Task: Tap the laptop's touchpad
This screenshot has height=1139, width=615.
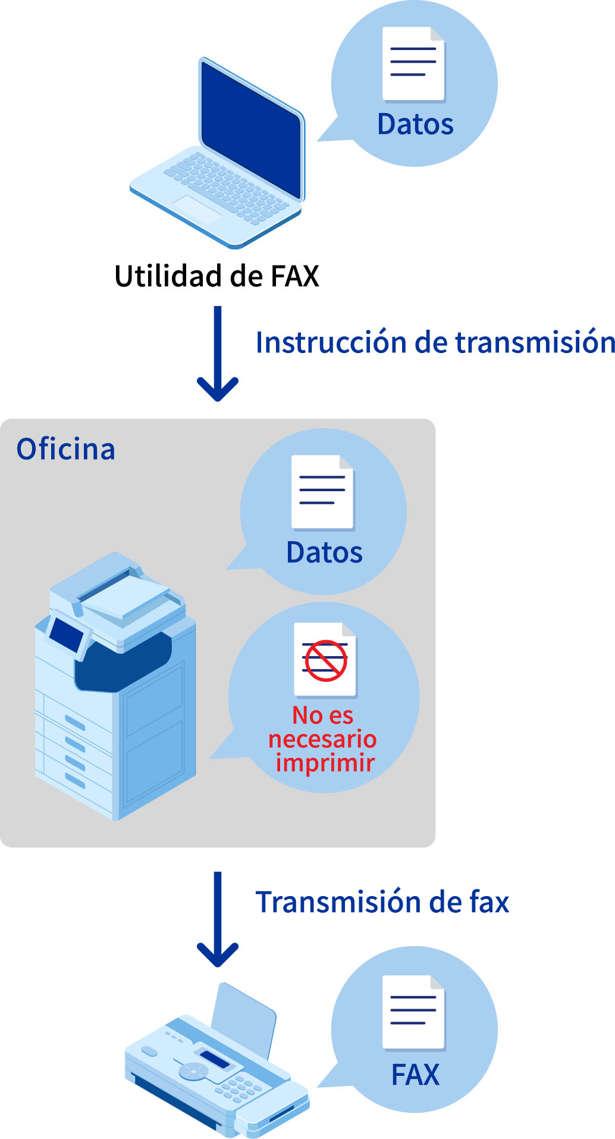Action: tap(197, 208)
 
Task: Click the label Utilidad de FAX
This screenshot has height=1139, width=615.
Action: tap(216, 276)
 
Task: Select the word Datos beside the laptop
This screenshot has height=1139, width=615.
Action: tap(415, 124)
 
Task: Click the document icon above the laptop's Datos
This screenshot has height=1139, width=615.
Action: tap(413, 64)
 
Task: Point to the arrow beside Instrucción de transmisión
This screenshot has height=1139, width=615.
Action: tap(218, 354)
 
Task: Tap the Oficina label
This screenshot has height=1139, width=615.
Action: tap(65, 449)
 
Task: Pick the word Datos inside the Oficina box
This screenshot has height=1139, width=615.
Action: tap(324, 553)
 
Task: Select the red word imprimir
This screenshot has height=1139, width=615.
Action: tap(325, 763)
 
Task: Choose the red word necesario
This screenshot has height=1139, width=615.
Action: tap(322, 739)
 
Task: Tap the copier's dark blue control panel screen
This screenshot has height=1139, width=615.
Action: tap(66, 635)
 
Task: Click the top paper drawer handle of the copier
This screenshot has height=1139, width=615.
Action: tap(75, 723)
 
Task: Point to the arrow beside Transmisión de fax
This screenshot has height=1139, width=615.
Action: tap(218, 920)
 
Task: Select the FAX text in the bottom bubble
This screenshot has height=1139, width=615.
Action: tap(415, 1075)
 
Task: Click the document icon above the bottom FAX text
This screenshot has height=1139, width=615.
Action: tap(413, 1012)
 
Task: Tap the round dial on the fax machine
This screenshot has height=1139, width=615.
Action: tap(194, 1071)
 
